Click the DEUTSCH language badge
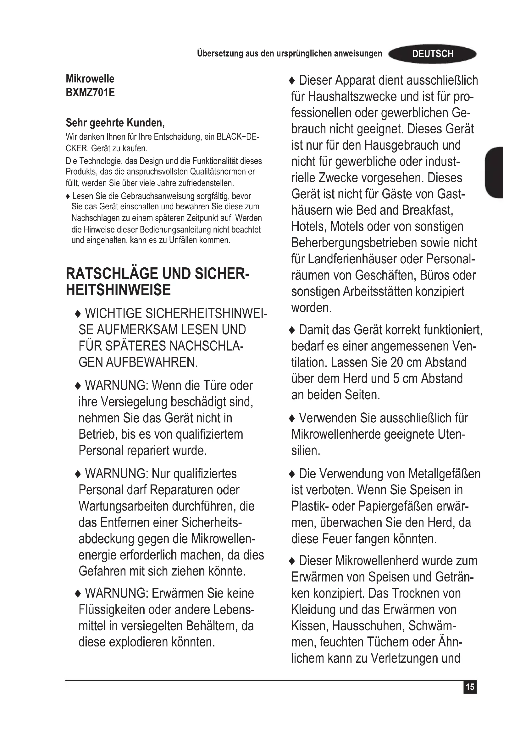432,54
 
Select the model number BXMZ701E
90,92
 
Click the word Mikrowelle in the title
90,79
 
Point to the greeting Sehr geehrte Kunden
115,122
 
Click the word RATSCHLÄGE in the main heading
112,274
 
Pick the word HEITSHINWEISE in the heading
118,290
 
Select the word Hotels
309,227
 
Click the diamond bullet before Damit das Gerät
292,330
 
